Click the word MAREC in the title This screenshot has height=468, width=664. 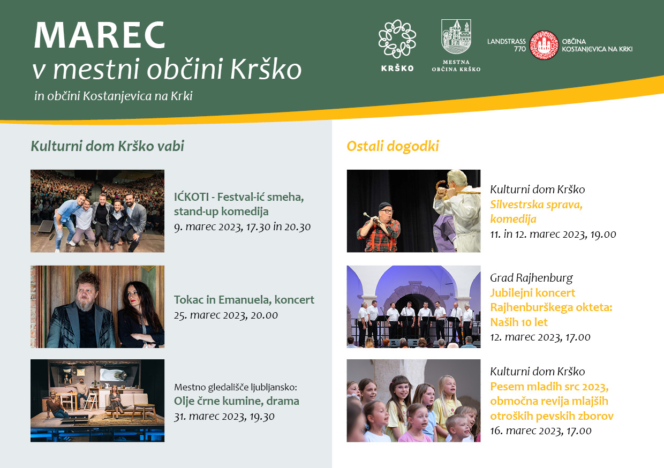click(x=100, y=35)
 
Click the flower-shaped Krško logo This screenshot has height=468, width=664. click(x=397, y=39)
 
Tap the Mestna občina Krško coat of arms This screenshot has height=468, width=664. click(x=456, y=36)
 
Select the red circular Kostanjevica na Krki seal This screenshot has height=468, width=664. click(x=544, y=45)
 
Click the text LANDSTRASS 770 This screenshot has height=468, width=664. click(x=507, y=45)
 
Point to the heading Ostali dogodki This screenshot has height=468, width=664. click(x=393, y=146)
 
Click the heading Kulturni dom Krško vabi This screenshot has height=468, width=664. click(x=107, y=146)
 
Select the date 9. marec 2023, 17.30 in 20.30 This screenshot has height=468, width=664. click(x=242, y=227)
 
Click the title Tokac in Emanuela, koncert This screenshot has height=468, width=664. click(x=244, y=300)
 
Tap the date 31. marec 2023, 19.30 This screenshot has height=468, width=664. click(x=224, y=417)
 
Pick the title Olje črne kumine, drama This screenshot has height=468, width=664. click(x=237, y=401)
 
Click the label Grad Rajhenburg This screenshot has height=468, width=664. click(x=531, y=278)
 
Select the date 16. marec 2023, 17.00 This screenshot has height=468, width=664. click(x=541, y=431)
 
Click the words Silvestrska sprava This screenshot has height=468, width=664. click(x=536, y=205)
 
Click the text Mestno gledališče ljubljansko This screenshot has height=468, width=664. click(x=236, y=387)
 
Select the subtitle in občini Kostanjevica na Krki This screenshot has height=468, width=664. click(x=114, y=96)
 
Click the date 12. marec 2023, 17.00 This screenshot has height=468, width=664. click(x=540, y=337)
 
